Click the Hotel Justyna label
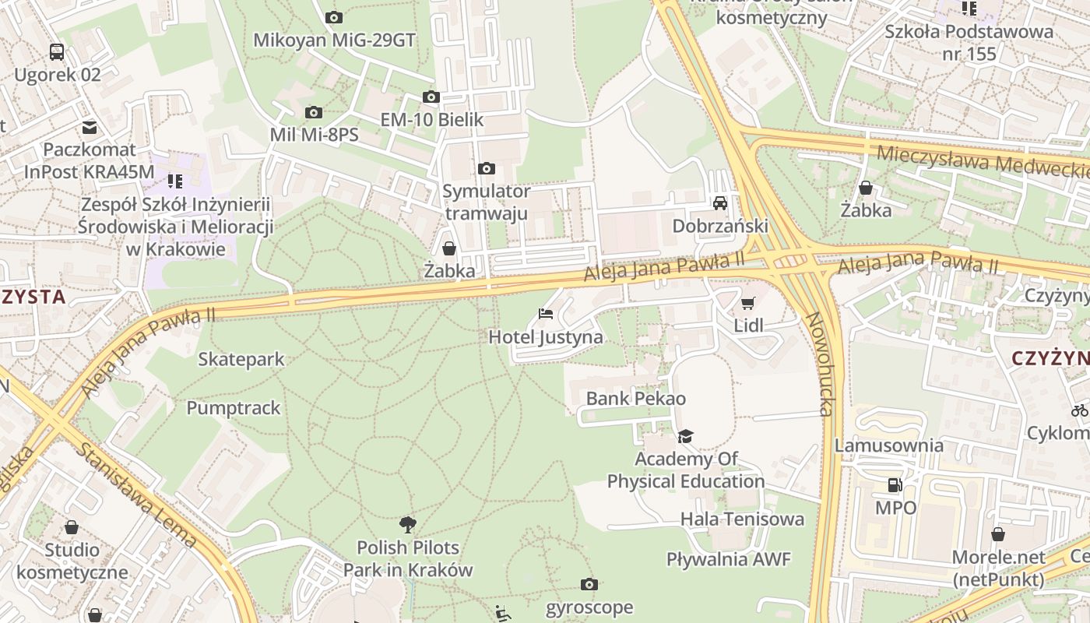click(x=545, y=336)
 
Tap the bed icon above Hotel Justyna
click(x=546, y=314)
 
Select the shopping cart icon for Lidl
click(x=748, y=303)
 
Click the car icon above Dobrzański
click(x=720, y=203)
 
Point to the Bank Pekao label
click(x=635, y=399)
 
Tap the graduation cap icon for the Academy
click(x=685, y=436)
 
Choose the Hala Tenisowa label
click(x=742, y=519)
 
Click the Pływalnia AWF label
click(x=728, y=558)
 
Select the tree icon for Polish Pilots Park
click(x=407, y=525)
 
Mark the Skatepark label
click(x=241, y=359)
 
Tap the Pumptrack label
click(x=233, y=407)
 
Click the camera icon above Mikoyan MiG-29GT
click(x=334, y=17)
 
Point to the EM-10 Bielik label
click(x=431, y=119)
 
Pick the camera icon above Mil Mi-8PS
click(x=314, y=113)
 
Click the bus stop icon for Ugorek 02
click(x=57, y=52)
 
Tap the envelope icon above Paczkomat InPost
click(x=90, y=127)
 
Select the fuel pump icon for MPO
click(x=895, y=485)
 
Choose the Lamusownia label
click(x=889, y=445)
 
